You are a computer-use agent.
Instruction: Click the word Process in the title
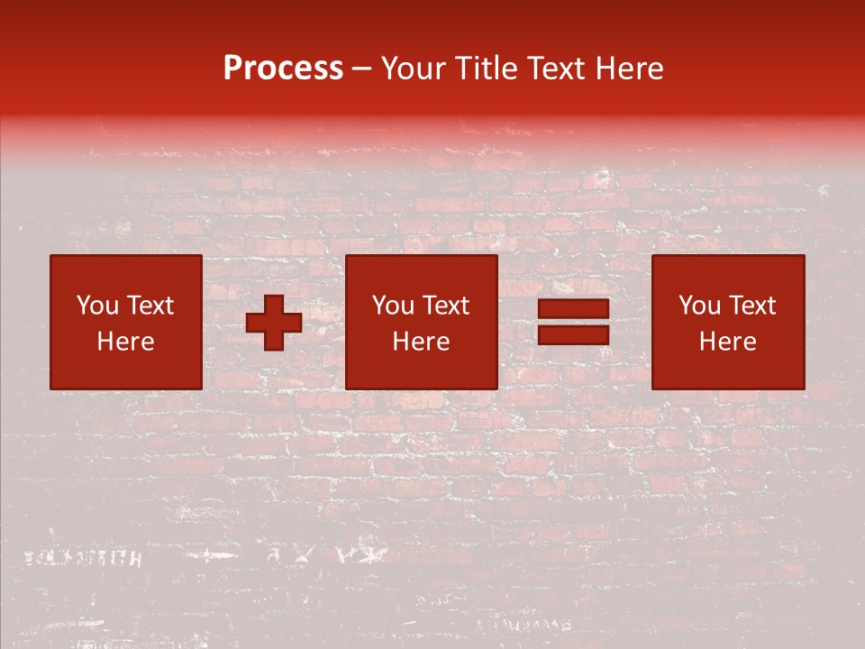click(x=283, y=69)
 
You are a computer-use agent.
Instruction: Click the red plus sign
click(x=274, y=323)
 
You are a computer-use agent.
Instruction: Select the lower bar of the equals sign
click(x=573, y=335)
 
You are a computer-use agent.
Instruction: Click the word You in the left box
click(x=97, y=306)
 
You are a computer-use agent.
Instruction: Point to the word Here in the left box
click(x=125, y=342)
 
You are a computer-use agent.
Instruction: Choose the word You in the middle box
click(x=393, y=306)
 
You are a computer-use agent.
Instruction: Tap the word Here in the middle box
click(x=422, y=342)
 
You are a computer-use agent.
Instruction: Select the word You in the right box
click(x=699, y=306)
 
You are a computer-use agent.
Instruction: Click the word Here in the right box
click(x=728, y=342)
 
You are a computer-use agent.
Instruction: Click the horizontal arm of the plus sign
click(x=255, y=323)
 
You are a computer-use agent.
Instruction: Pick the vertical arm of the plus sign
click(x=274, y=303)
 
